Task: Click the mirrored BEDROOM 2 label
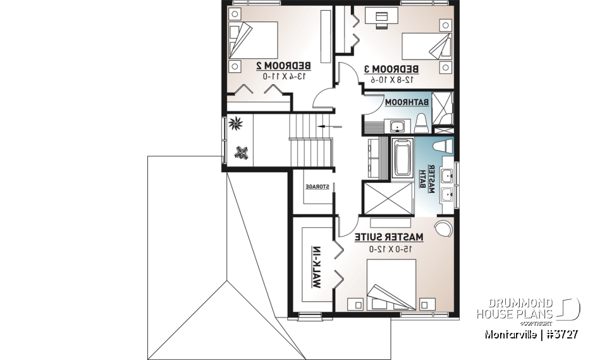tap(283, 65)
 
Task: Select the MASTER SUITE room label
tap(388, 237)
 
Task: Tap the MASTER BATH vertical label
tap(428, 181)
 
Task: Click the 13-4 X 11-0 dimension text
tap(283, 76)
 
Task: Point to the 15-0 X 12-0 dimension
tap(388, 249)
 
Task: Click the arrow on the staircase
tap(329, 127)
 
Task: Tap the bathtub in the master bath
tap(402, 158)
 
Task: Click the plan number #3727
tap(560, 333)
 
